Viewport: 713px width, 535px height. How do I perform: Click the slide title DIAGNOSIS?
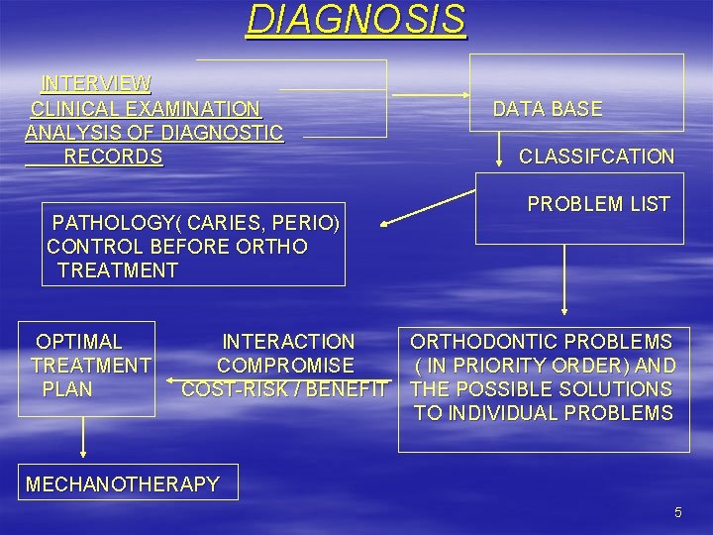click(x=356, y=19)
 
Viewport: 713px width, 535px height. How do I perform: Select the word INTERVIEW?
click(x=96, y=83)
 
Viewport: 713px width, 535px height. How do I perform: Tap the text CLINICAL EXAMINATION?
click(x=146, y=108)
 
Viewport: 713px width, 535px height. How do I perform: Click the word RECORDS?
click(x=113, y=157)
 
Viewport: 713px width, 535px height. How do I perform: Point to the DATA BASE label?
click(x=548, y=109)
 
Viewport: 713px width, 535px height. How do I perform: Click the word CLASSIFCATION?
click(x=596, y=157)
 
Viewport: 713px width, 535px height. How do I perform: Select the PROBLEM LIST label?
click(x=598, y=204)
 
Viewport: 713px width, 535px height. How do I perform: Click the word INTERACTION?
click(x=288, y=342)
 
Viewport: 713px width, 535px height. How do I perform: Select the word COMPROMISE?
click(x=285, y=366)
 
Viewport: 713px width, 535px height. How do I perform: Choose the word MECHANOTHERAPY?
click(x=123, y=484)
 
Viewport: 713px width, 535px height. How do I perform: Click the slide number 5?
click(x=678, y=512)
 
